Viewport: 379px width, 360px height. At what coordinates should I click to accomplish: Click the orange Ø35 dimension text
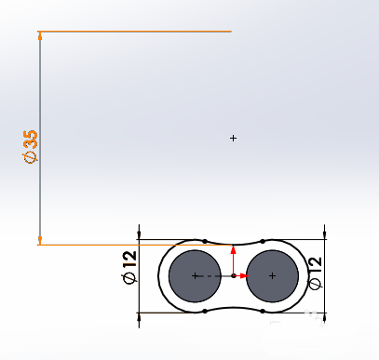click(x=31, y=147)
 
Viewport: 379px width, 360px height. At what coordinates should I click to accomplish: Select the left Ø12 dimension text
click(x=129, y=267)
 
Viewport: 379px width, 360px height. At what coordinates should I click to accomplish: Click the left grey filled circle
click(x=195, y=276)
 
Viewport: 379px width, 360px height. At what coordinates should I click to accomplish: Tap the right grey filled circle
click(x=271, y=276)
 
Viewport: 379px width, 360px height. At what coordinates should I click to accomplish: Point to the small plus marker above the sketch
click(x=233, y=139)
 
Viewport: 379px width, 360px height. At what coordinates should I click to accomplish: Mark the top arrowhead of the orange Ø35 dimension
click(x=40, y=37)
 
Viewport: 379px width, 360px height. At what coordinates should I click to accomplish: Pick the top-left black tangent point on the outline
click(x=204, y=241)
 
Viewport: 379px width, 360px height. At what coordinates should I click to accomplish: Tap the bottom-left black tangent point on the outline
click(x=204, y=312)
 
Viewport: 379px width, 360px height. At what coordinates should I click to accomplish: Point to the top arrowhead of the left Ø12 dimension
click(x=138, y=230)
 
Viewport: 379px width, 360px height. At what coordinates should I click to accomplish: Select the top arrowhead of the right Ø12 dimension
click(x=323, y=230)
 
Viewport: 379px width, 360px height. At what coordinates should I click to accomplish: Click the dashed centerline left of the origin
click(x=214, y=276)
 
